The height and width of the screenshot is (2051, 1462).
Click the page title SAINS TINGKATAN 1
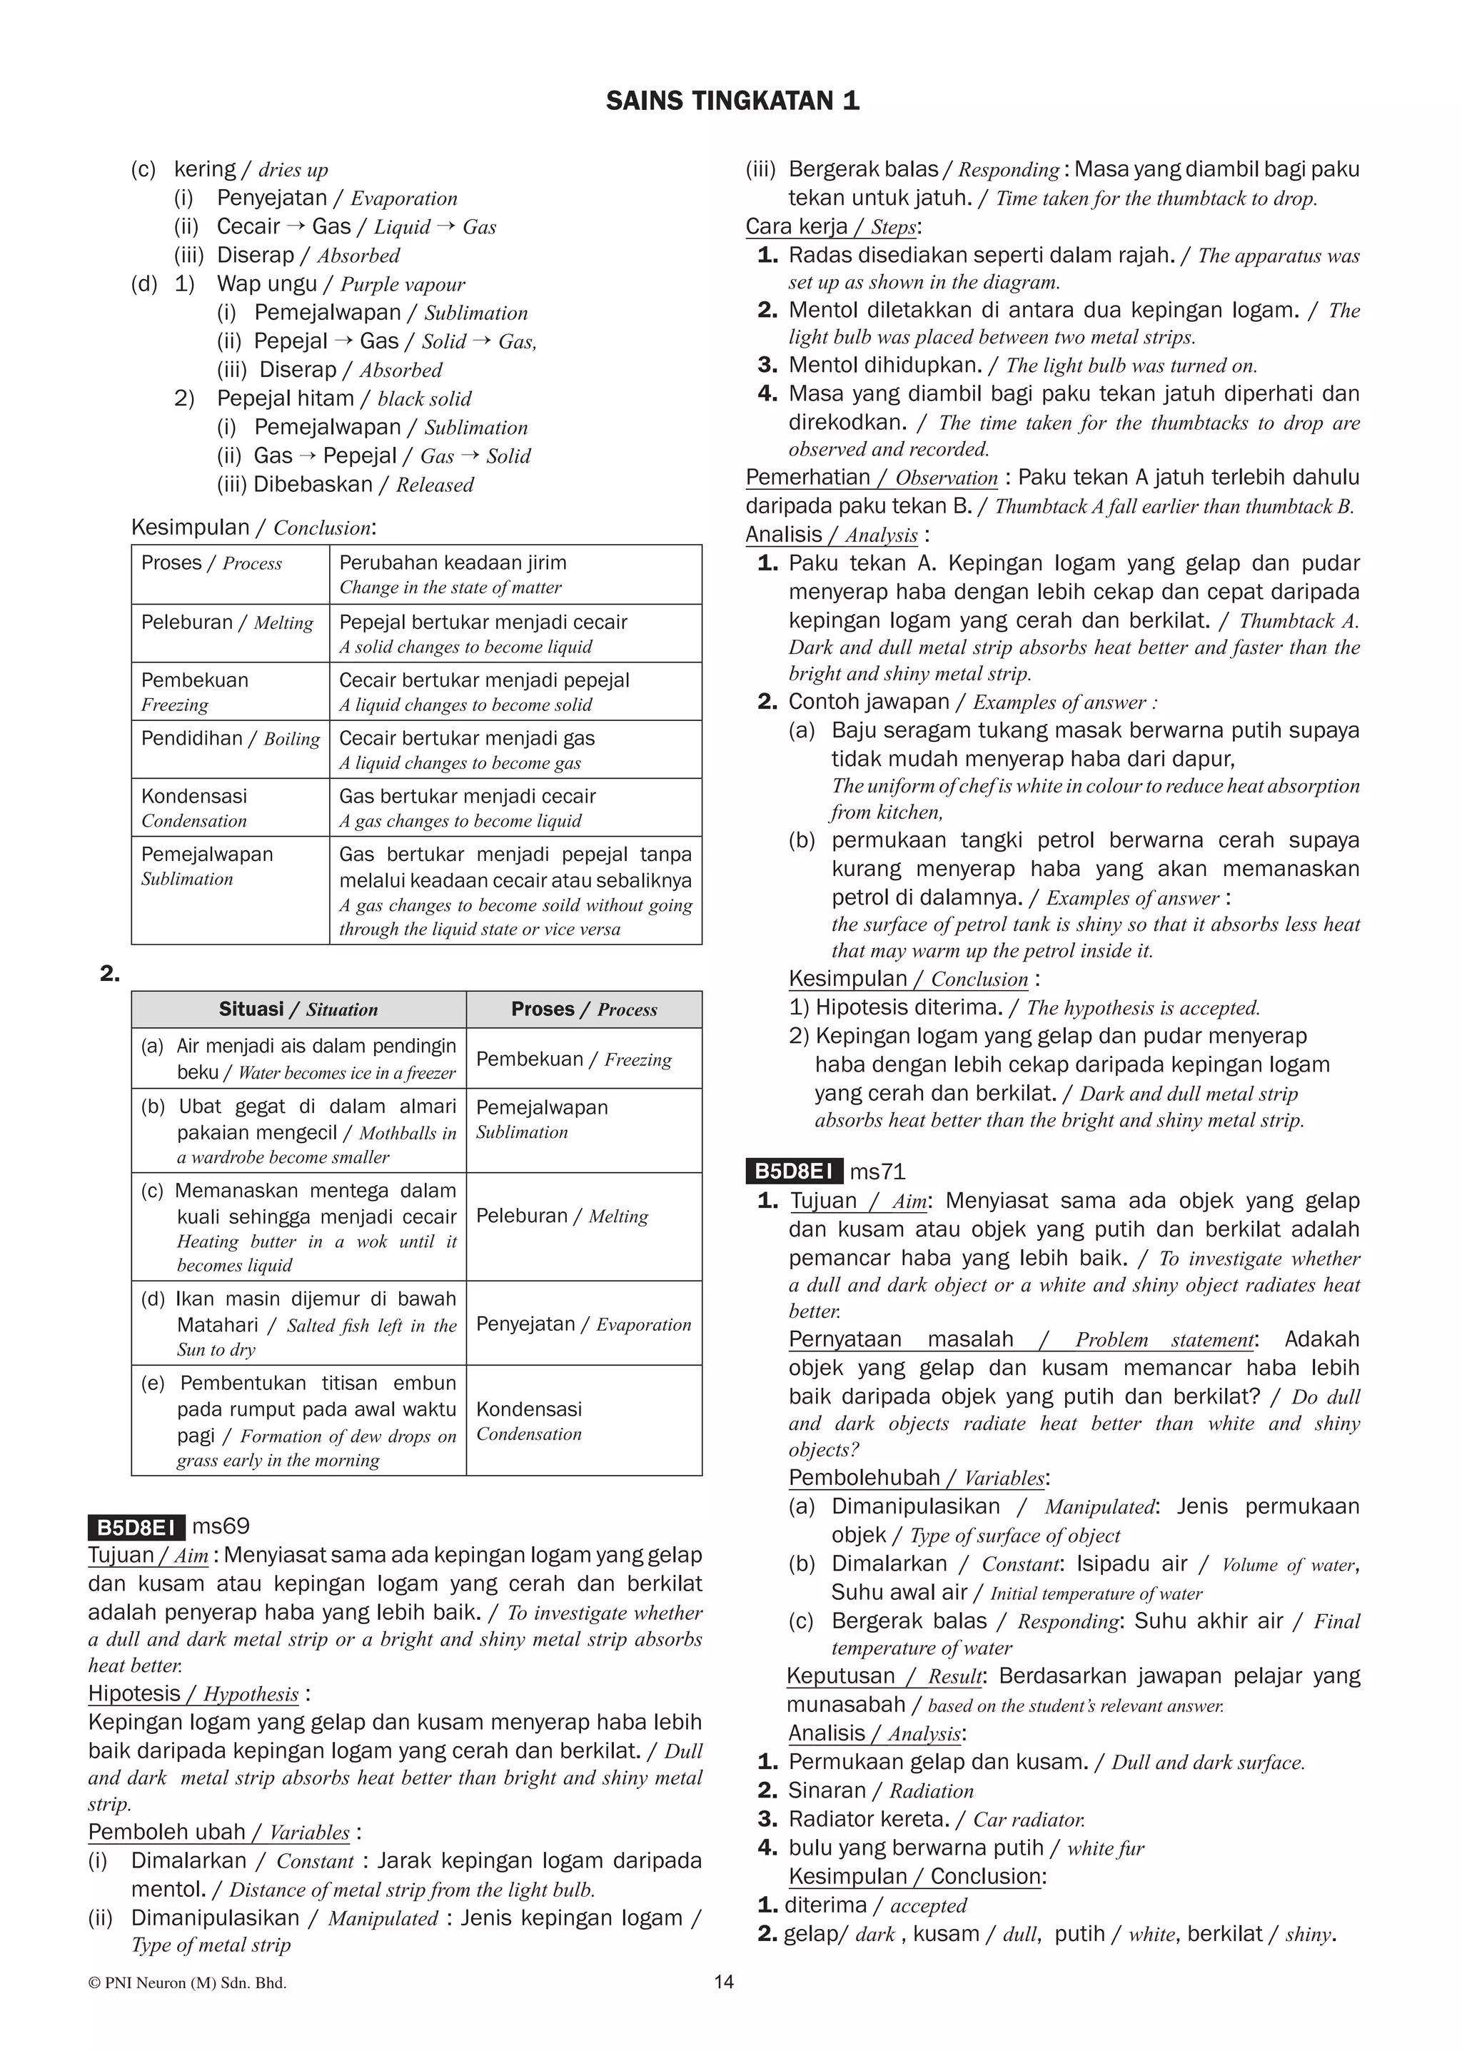(732, 100)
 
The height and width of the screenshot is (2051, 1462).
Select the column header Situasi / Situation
(298, 1009)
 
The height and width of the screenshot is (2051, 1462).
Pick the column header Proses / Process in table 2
(583, 1009)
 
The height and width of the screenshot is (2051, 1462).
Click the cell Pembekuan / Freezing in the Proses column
(573, 1059)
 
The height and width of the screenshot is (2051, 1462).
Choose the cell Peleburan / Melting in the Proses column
(562, 1216)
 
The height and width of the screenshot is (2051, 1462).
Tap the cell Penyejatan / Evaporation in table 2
(583, 1324)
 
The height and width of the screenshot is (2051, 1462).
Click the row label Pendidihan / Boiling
(230, 738)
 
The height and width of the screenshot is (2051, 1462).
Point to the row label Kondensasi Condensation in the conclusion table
(193, 807)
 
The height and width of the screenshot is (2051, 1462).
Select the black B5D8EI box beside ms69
(136, 1527)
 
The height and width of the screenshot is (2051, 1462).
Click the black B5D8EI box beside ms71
(793, 1171)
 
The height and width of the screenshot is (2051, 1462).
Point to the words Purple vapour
(403, 285)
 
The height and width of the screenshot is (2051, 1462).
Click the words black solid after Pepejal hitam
(424, 399)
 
